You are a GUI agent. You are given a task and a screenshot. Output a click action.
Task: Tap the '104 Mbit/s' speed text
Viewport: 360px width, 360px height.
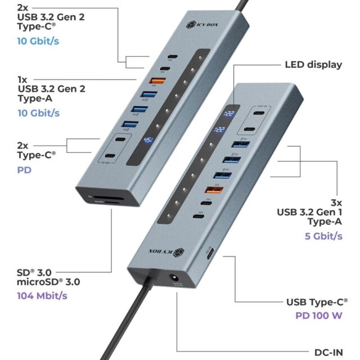(x=40, y=295)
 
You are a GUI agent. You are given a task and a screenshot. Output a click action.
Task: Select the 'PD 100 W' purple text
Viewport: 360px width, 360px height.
(x=318, y=315)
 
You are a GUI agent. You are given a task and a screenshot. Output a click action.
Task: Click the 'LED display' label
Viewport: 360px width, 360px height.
(x=313, y=64)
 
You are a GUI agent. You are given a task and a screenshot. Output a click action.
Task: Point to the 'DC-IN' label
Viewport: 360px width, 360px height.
(x=328, y=352)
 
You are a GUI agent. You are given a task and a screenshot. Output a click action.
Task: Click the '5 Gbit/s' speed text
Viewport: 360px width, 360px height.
(x=323, y=236)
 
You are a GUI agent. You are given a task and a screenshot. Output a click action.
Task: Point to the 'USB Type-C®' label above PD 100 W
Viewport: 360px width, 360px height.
(x=317, y=302)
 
